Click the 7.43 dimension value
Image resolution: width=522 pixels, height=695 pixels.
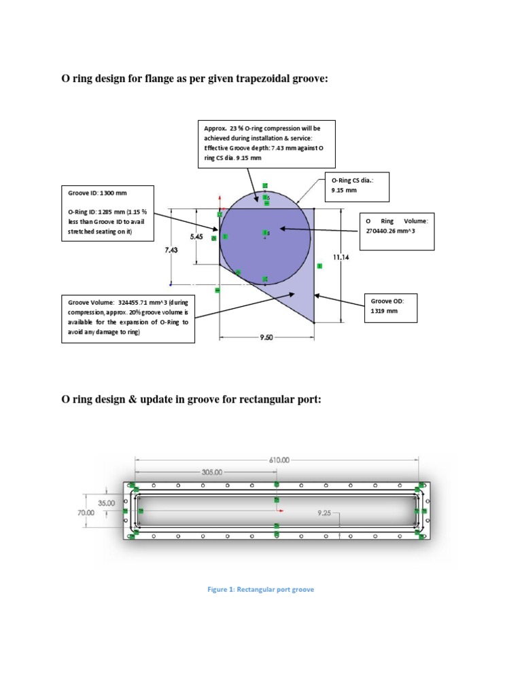(171, 250)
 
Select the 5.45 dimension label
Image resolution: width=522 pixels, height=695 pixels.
(196, 237)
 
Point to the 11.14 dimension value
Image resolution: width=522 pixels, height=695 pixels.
(341, 257)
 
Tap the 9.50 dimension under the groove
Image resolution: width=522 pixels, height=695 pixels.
(266, 337)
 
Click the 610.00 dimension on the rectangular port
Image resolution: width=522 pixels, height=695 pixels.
(279, 459)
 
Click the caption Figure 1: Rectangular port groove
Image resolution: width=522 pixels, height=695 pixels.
(260, 589)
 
